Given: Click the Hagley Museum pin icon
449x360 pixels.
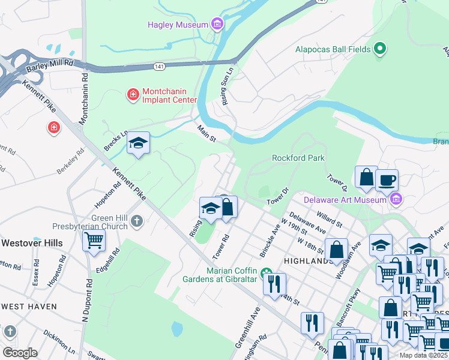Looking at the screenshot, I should [217, 25].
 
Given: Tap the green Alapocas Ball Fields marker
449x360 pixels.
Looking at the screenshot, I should [379, 49].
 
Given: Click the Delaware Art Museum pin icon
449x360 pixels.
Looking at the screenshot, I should [395, 199].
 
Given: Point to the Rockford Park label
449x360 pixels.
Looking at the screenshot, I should [298, 158].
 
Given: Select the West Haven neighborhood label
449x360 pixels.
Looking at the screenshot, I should [29, 307].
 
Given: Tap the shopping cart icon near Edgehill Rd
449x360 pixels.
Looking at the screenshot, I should [94, 240].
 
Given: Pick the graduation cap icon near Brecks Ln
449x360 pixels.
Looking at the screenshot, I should [138, 144].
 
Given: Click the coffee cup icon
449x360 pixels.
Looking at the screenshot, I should [387, 179].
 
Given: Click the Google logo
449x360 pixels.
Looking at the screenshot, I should [19, 352].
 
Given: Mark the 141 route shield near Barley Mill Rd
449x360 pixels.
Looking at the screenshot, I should [159, 65].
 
